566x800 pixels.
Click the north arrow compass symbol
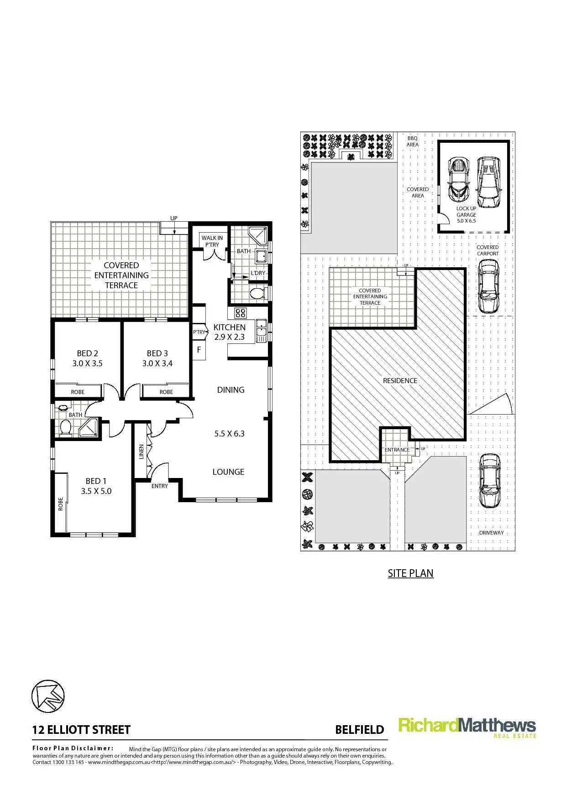[x=48, y=696]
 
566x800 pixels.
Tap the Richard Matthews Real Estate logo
[x=467, y=727]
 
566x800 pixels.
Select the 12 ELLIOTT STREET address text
[x=81, y=730]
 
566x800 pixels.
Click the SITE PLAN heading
[x=410, y=573]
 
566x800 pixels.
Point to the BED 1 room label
[x=96, y=486]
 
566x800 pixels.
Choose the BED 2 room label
[x=87, y=358]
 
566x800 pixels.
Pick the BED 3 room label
[x=157, y=358]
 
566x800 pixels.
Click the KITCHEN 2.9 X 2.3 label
[x=229, y=332]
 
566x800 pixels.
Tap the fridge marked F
[x=199, y=350]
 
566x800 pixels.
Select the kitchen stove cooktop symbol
[x=240, y=313]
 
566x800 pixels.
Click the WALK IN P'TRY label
[x=212, y=241]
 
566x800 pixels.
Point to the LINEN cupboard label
[x=141, y=452]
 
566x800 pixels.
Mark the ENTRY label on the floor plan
[x=160, y=486]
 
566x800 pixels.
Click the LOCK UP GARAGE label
[x=466, y=214]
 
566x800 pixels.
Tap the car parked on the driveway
[x=489, y=480]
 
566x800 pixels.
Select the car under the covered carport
[x=488, y=286]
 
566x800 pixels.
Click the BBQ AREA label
[x=412, y=141]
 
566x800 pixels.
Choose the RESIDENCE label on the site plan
[x=400, y=380]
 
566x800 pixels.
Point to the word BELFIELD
[x=359, y=730]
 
